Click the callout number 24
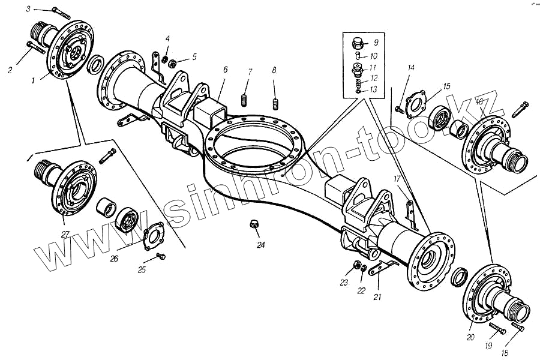[260, 245]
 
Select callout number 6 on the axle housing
[225, 70]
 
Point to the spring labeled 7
[245, 99]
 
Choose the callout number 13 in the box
[373, 89]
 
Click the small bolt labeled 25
[160, 257]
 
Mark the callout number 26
[113, 259]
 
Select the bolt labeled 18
[517, 327]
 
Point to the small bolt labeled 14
[398, 108]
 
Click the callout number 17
[397, 179]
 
